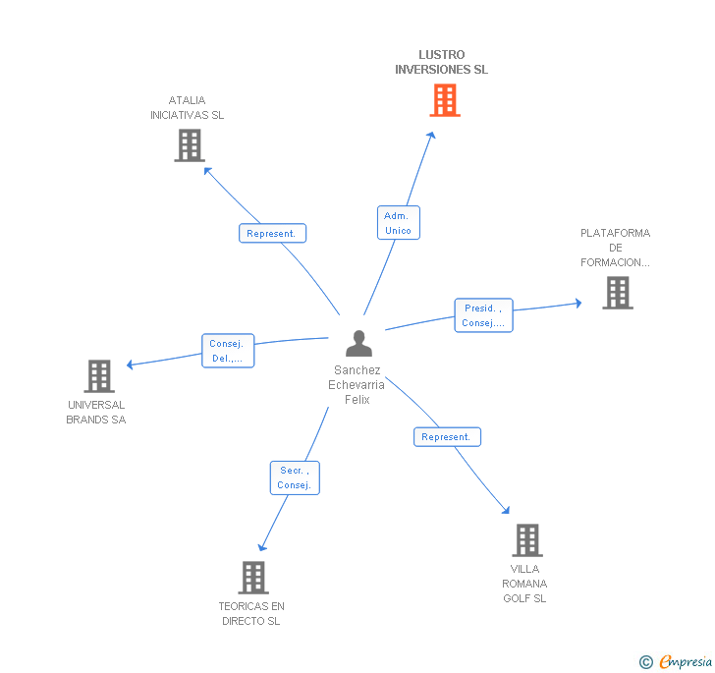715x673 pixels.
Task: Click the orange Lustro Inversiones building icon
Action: point(445,100)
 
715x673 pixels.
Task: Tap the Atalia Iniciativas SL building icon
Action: point(190,145)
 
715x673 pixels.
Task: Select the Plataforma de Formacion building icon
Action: point(618,293)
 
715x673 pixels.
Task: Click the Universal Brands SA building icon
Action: point(99,376)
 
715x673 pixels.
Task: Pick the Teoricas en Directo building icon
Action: point(253,578)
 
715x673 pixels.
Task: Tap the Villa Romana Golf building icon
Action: point(527,540)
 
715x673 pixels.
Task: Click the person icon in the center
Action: point(359,344)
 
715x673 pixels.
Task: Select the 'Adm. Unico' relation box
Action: point(398,223)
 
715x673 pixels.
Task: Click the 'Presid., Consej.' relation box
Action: point(483,315)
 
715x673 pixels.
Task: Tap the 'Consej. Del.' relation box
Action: point(228,351)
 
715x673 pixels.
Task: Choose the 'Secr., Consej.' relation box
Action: point(295,477)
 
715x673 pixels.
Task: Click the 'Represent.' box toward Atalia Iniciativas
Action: point(272,234)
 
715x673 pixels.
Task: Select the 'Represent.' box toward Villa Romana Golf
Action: point(447,437)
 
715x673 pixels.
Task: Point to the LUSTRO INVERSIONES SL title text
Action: point(441,62)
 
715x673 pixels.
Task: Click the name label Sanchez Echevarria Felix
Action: point(357,385)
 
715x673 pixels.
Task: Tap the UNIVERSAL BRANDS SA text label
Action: point(96,413)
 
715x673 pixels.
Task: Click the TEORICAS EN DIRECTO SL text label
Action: point(251,614)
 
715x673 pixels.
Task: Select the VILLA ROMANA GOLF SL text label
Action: point(525,584)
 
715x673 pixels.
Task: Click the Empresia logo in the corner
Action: point(677,662)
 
